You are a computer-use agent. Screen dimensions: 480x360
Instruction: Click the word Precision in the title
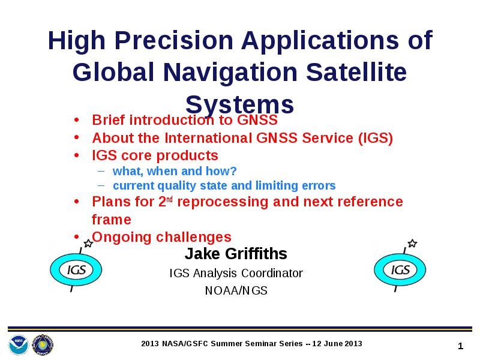(x=174, y=41)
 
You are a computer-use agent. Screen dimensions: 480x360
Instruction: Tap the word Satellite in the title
(x=356, y=73)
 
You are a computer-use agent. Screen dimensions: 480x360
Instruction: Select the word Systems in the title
(x=239, y=105)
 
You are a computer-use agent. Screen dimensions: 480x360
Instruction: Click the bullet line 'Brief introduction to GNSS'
(x=185, y=119)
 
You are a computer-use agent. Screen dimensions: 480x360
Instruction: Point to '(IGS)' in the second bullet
(x=376, y=138)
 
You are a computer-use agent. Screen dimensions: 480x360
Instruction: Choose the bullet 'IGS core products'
(x=155, y=155)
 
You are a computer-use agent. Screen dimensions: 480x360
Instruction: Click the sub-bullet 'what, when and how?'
(x=175, y=171)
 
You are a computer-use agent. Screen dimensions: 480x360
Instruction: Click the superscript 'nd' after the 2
(x=170, y=199)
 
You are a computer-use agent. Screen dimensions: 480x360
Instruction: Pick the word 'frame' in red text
(x=112, y=220)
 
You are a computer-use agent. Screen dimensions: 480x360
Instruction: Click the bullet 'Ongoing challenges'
(x=161, y=237)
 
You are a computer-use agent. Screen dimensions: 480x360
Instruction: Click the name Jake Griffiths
(x=236, y=253)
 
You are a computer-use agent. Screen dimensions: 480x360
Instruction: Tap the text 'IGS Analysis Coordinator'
(x=236, y=273)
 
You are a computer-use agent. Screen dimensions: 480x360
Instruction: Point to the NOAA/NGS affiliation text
(x=236, y=290)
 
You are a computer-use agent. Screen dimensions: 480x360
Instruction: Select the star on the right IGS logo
(x=412, y=244)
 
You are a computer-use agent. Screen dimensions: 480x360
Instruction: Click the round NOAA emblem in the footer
(x=19, y=344)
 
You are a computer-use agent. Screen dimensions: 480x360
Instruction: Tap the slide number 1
(x=460, y=346)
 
